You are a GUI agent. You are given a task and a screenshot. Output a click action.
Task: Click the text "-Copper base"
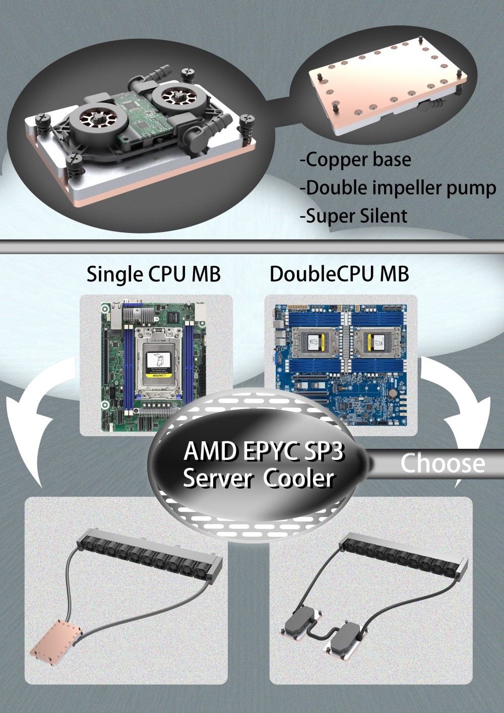point(355,160)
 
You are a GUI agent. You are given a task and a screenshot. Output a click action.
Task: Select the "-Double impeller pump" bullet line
point(398,188)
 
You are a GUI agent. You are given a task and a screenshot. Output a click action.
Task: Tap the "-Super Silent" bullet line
point(353,216)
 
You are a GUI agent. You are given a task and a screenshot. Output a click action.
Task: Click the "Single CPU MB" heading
point(153,274)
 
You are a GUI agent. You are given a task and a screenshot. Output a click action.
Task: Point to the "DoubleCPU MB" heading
point(339,274)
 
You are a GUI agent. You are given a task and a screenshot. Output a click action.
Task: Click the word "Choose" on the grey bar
point(443,463)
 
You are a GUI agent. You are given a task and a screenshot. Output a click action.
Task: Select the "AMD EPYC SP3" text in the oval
point(263,452)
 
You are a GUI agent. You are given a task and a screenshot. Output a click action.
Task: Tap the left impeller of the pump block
point(91,120)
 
